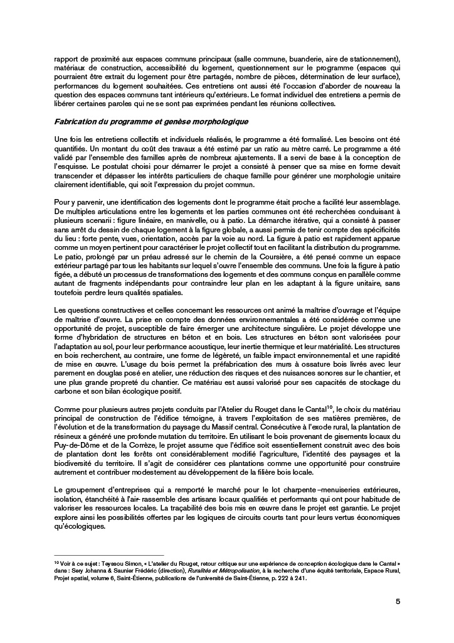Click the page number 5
tap(398, 601)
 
